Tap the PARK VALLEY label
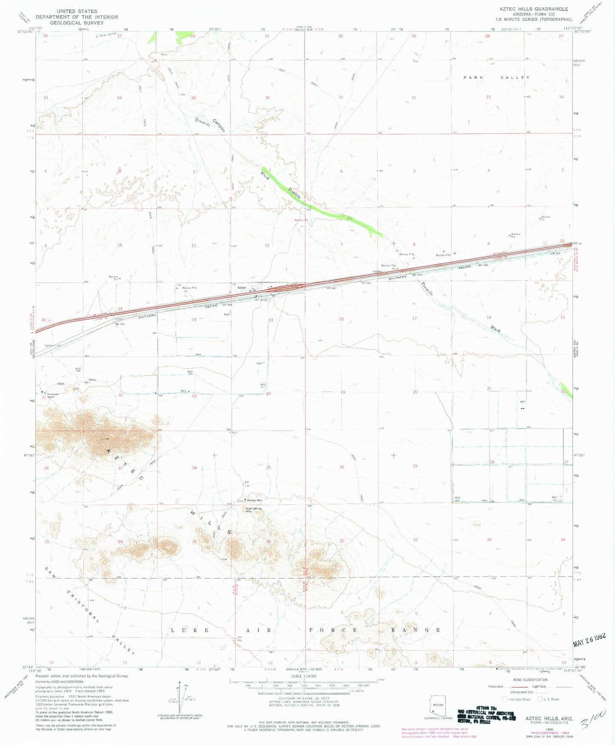coord(496,77)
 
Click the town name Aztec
coord(242,287)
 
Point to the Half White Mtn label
coord(254,509)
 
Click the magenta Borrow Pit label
coord(301,220)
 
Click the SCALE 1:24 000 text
coord(303,676)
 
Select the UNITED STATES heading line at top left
coord(77,11)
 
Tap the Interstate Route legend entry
coord(518,699)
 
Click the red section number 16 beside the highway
coord(43,320)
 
